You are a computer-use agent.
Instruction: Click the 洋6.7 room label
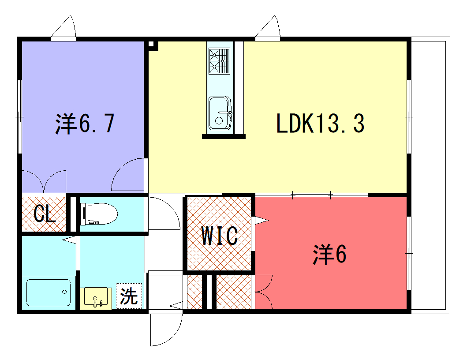85,123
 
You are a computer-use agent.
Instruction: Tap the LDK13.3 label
321,123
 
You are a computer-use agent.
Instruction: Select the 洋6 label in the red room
329,254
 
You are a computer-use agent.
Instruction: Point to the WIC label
220,236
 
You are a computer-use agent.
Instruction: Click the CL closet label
45,214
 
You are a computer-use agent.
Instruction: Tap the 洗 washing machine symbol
129,296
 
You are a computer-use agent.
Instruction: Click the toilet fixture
99,214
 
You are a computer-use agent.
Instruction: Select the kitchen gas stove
220,61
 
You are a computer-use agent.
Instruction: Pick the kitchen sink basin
220,113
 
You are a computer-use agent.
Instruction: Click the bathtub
49,292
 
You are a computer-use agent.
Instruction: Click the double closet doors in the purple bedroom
44,181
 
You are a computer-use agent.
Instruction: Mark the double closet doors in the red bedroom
264,292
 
